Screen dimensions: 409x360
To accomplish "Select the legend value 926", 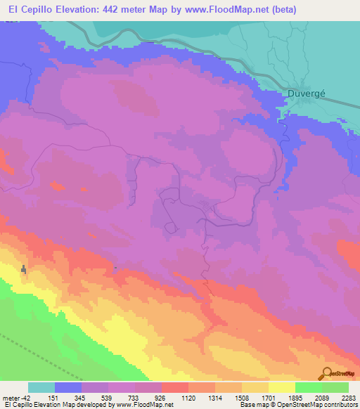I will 160,398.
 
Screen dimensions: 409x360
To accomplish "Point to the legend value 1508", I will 240,398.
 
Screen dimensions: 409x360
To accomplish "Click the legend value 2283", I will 347,398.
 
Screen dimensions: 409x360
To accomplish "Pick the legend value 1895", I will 294,398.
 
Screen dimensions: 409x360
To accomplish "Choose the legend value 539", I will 107,398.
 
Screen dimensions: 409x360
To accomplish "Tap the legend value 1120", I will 187,398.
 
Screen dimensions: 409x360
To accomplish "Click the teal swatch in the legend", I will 41,387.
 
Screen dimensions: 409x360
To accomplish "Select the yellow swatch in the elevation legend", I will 281,387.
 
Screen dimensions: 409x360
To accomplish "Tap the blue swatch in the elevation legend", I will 67,387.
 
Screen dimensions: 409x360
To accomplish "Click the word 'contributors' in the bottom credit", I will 339,405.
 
